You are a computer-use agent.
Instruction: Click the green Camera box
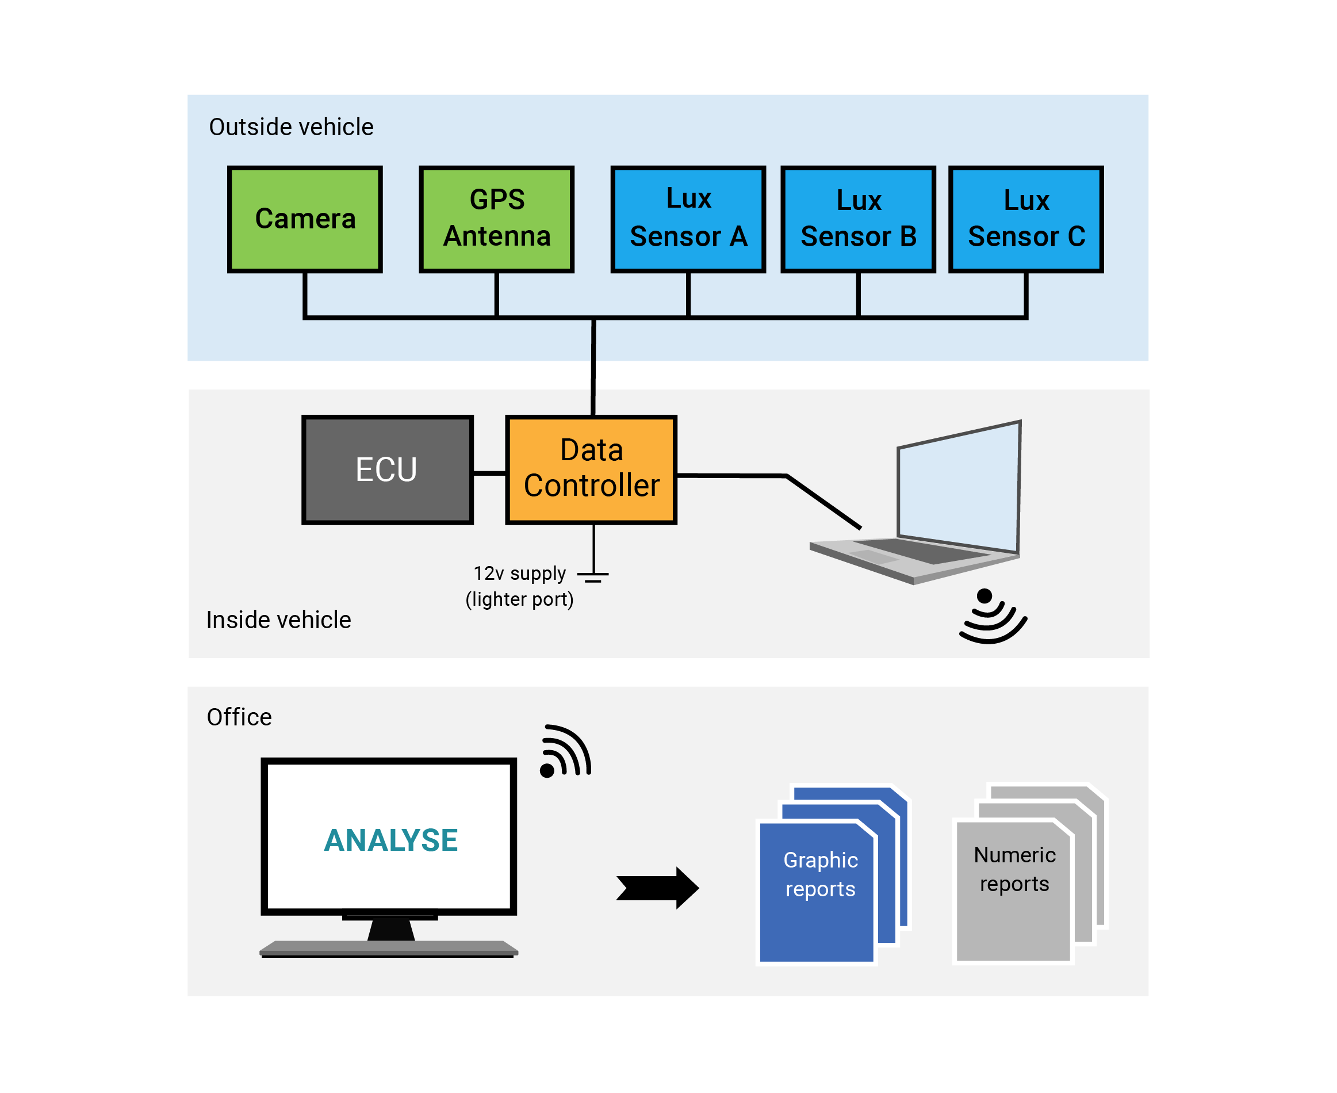click(x=305, y=219)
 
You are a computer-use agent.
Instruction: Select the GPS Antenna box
click(x=497, y=219)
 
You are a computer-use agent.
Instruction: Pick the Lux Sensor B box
click(x=858, y=219)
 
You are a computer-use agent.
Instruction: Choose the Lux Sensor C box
click(x=1026, y=219)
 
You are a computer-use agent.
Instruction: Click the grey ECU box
click(x=387, y=469)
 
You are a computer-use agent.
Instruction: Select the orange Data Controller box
click(x=591, y=469)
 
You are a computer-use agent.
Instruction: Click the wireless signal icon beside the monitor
click(x=565, y=752)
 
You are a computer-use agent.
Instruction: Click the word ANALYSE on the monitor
click(x=390, y=840)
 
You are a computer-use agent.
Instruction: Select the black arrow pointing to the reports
click(x=657, y=888)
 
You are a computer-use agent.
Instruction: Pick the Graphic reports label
click(x=820, y=874)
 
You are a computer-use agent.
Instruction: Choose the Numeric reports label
click(x=1014, y=869)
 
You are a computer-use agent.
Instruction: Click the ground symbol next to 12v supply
click(x=593, y=575)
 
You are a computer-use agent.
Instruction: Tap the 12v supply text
click(x=519, y=574)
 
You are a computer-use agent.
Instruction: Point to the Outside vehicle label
click(x=291, y=127)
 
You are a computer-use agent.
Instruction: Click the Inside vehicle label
click(x=278, y=620)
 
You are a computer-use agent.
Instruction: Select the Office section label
click(x=239, y=717)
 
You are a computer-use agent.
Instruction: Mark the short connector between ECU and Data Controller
click(x=490, y=473)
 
